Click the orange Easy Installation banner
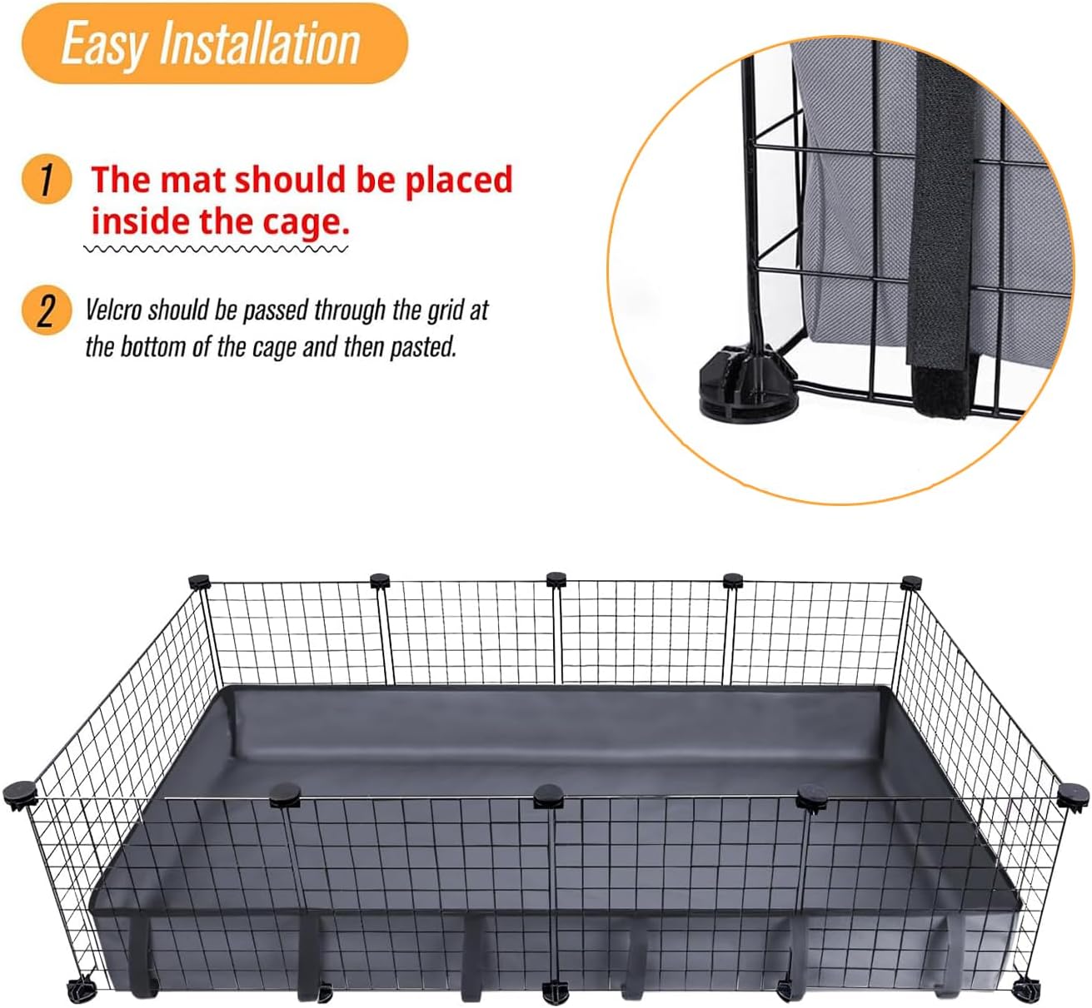click(x=214, y=43)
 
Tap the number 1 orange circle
click(x=46, y=179)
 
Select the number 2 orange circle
click(x=46, y=310)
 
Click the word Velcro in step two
click(x=113, y=310)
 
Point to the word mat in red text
click(x=192, y=180)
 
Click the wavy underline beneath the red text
click(x=217, y=249)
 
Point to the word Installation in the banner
click(x=259, y=44)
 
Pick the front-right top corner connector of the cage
click(x=1073, y=793)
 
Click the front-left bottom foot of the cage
click(x=82, y=991)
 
